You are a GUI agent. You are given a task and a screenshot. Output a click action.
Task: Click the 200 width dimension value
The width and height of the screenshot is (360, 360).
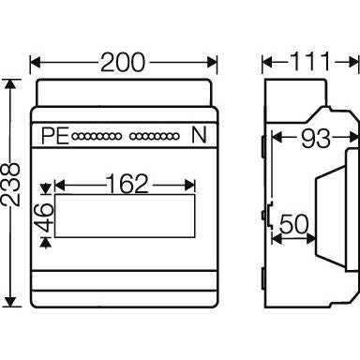click(x=123, y=63)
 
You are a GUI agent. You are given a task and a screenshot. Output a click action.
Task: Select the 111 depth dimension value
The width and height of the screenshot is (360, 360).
click(x=310, y=61)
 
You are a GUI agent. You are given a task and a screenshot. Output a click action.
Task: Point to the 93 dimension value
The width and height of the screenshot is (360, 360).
click(x=315, y=138)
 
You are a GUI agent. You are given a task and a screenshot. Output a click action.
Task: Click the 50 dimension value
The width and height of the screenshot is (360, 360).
click(x=294, y=224)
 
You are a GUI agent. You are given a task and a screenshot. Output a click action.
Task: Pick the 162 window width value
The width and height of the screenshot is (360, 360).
click(x=127, y=184)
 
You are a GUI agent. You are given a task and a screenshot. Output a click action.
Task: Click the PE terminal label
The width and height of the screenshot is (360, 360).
click(x=55, y=136)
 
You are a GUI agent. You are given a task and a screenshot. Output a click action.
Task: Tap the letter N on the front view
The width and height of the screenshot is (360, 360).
click(x=199, y=135)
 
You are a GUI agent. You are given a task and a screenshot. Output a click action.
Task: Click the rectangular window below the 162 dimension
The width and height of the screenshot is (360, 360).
click(x=125, y=216)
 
